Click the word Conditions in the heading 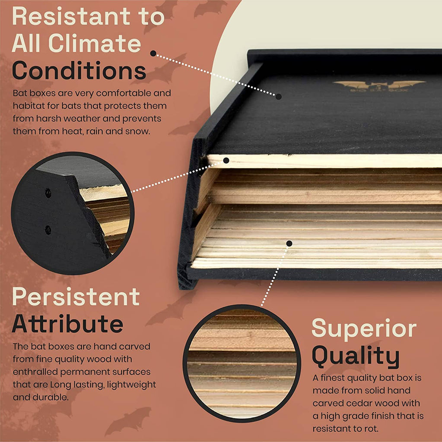(x=79, y=70)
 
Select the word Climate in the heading (x=95, y=44)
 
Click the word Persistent (x=76, y=297)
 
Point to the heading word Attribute (x=67, y=323)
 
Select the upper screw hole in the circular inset (x=48, y=193)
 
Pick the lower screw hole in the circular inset (x=48, y=230)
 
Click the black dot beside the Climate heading (x=153, y=53)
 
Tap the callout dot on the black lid (x=279, y=97)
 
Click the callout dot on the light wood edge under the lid (x=226, y=161)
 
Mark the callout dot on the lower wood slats (x=289, y=243)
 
